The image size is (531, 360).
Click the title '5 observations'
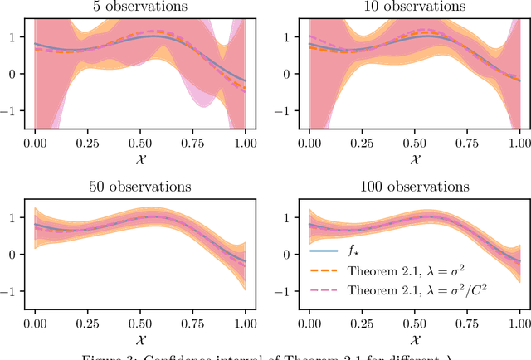click(x=140, y=7)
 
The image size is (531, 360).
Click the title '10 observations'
click(x=414, y=7)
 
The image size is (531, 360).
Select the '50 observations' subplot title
click(x=140, y=187)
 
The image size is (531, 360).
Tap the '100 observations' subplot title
click(x=414, y=187)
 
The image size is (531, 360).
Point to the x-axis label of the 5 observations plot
click(x=140, y=158)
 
